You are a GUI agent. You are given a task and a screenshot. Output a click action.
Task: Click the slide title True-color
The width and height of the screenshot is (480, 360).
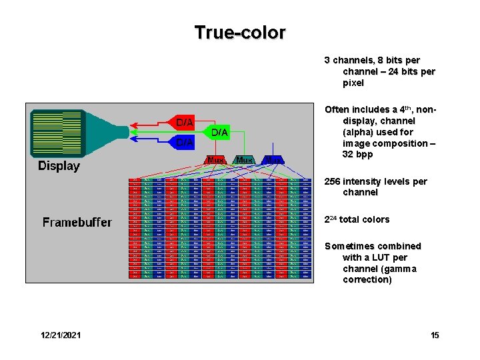click(240, 32)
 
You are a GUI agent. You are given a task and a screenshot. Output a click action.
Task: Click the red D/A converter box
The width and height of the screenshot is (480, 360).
click(185, 123)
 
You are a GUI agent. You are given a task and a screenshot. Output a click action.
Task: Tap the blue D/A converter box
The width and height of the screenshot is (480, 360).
click(185, 142)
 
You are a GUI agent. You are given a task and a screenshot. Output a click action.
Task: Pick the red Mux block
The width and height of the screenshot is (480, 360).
click(215, 160)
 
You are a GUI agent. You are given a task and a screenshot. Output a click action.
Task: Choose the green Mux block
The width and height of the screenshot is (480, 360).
click(245, 160)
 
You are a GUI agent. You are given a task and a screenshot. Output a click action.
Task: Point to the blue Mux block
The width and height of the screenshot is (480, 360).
click(274, 160)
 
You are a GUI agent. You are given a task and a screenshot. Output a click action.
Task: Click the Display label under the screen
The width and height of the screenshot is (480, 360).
click(59, 166)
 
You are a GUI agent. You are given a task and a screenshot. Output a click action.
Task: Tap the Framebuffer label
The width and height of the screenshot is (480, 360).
click(77, 222)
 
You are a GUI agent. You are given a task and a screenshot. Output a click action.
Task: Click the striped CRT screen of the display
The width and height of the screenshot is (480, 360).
click(55, 131)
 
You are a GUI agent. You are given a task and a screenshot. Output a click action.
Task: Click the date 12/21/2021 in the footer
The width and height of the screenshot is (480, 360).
click(61, 335)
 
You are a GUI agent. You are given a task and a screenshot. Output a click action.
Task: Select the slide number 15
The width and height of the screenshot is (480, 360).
click(435, 335)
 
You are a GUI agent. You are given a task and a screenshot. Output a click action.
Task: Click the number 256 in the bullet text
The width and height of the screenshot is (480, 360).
click(333, 181)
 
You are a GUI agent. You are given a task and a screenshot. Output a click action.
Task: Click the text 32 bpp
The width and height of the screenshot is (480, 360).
click(357, 155)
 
